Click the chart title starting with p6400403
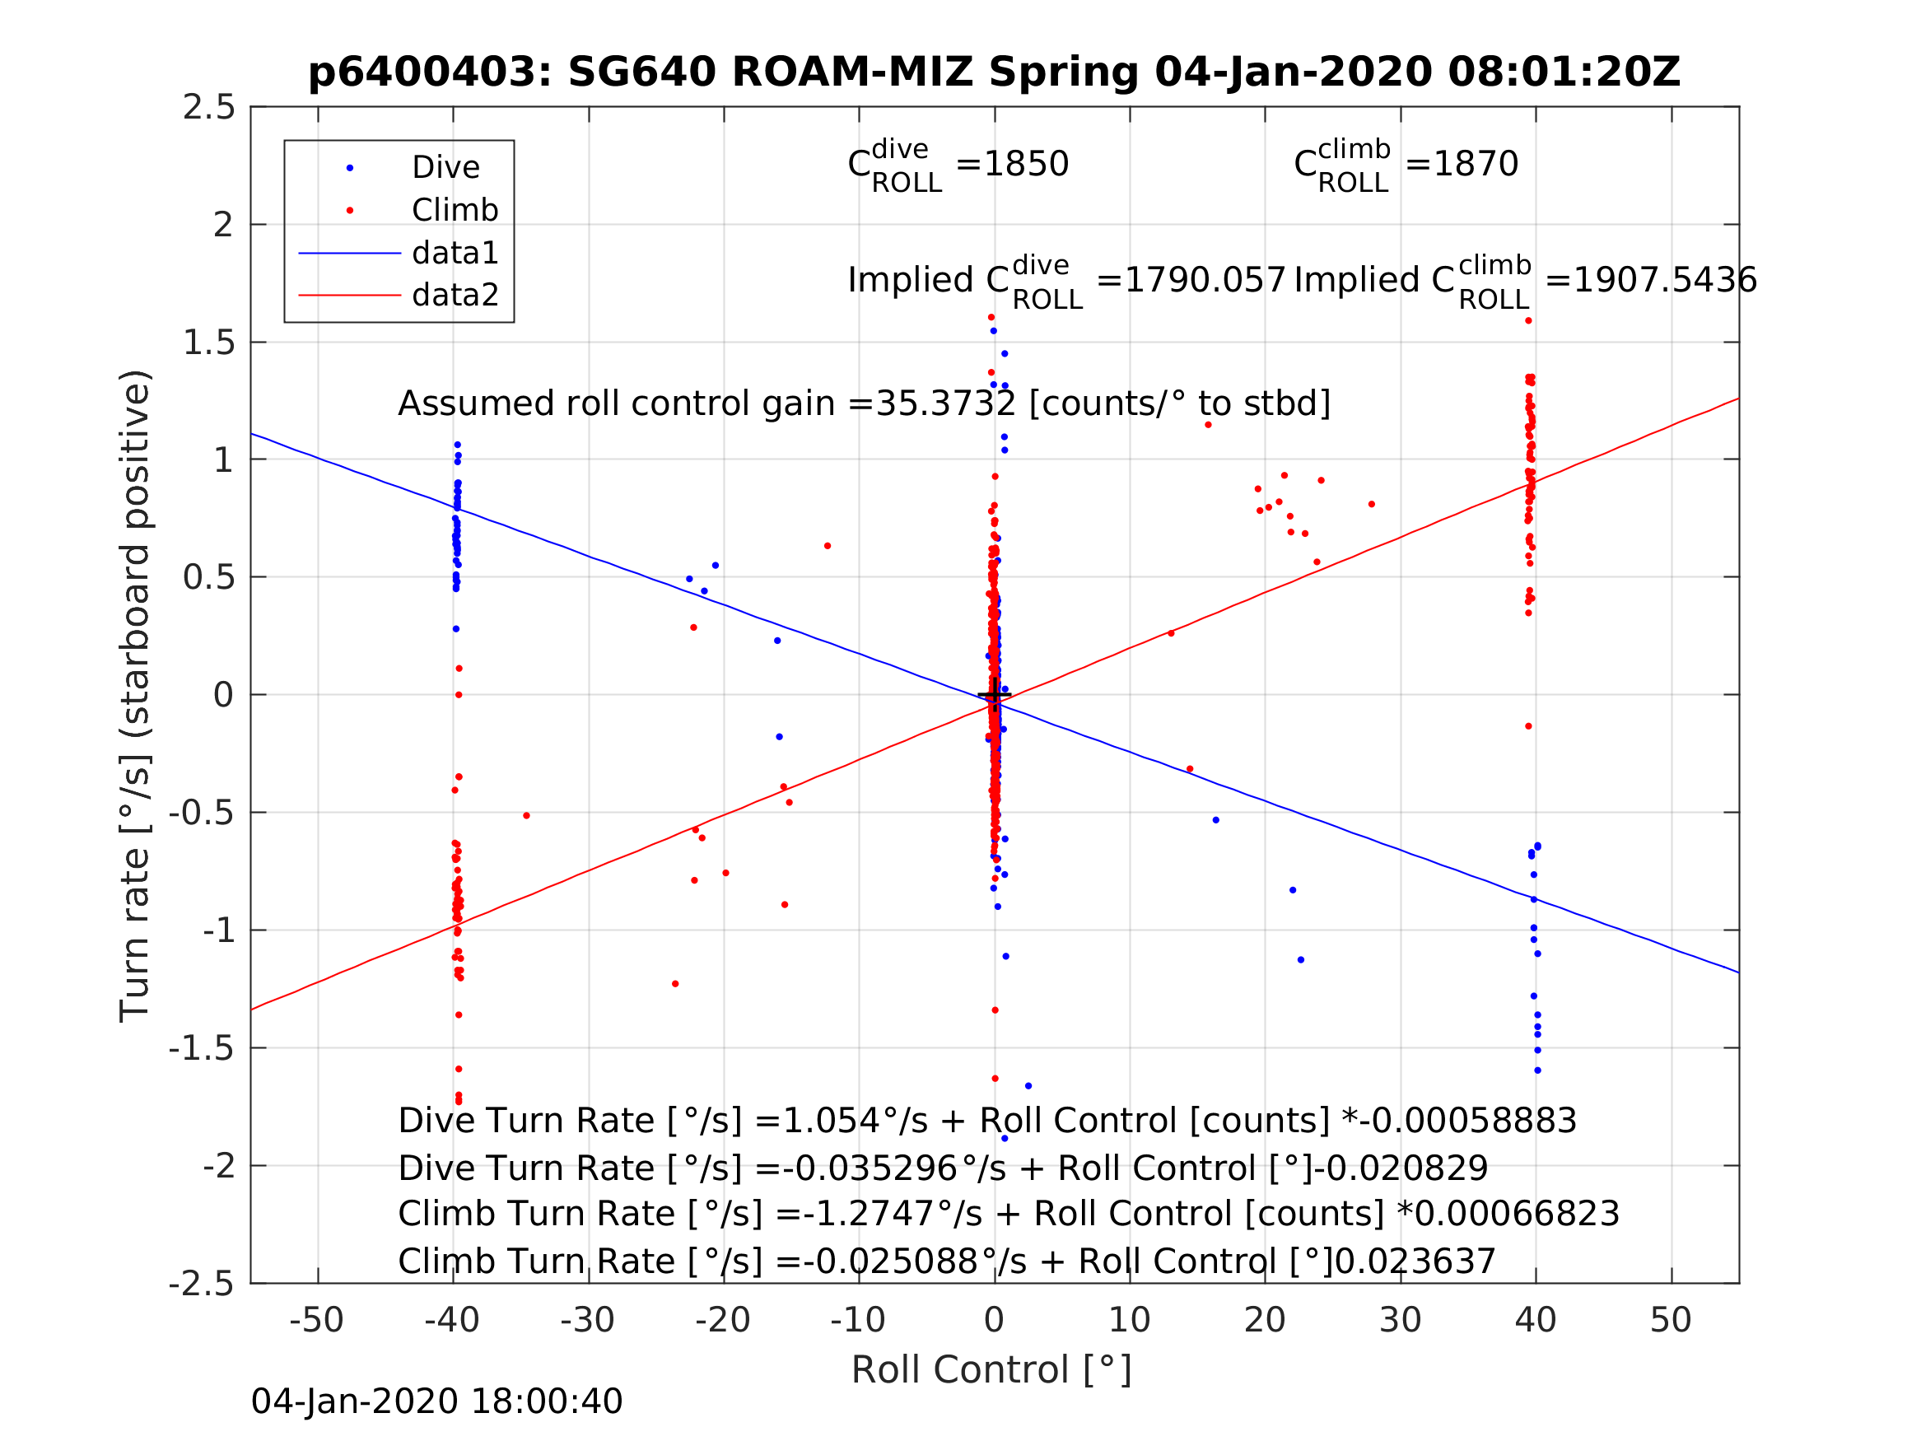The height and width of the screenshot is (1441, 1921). (994, 72)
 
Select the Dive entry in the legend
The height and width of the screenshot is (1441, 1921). (445, 168)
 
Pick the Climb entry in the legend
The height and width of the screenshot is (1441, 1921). (455, 210)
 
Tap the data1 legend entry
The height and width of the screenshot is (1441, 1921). (455, 253)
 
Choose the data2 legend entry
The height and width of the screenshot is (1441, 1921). (455, 296)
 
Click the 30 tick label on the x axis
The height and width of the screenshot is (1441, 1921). (1399, 1320)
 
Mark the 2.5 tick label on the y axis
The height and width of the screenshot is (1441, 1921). (208, 107)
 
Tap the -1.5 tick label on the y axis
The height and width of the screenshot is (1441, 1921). (202, 1048)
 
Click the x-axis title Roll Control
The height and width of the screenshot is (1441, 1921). (991, 1370)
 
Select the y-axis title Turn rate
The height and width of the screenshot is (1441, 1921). (136, 695)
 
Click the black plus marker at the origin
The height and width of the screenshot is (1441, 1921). (995, 695)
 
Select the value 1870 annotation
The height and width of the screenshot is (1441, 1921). (1476, 164)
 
